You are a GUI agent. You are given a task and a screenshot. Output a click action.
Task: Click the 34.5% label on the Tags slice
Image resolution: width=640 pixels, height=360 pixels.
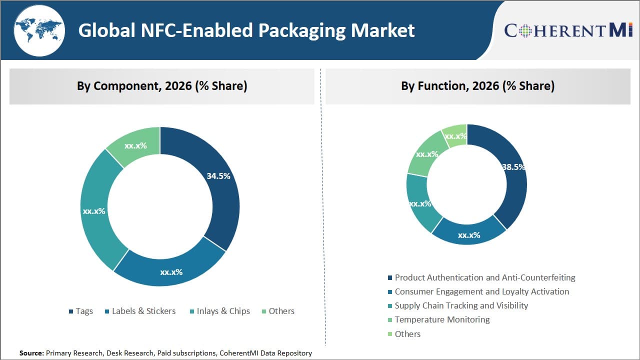[x=218, y=176]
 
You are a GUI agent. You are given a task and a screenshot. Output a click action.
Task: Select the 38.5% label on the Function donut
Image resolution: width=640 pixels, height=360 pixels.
[x=513, y=167]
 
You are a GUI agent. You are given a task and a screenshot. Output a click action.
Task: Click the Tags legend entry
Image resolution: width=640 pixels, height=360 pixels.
[x=80, y=311]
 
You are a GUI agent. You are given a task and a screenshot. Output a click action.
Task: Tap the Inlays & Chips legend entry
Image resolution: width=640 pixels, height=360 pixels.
[x=220, y=311]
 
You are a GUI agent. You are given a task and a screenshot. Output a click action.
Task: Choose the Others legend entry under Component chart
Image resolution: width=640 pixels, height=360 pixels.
[x=278, y=311]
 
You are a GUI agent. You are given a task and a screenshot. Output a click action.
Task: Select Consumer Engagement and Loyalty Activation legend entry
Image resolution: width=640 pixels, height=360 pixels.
[x=478, y=291]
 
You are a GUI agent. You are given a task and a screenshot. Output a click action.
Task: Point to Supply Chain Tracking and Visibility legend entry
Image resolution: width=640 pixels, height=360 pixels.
[x=457, y=305]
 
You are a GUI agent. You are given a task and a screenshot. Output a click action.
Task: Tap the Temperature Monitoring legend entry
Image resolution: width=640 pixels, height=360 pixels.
[x=438, y=319]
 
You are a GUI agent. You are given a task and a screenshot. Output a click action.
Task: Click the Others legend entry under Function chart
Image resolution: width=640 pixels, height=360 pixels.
[x=404, y=334]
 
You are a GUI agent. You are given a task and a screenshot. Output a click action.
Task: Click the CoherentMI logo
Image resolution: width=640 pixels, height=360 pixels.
[x=568, y=30]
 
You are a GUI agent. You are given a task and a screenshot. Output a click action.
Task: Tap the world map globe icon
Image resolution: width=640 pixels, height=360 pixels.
[x=39, y=31]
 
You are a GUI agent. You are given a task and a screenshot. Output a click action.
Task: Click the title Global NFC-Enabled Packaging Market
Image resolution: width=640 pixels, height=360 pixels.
[x=246, y=30]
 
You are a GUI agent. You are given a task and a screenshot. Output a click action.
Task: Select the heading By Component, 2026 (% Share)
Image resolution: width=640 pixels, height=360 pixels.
[x=162, y=86]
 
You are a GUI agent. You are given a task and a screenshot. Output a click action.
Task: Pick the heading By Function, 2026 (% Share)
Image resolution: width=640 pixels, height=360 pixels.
[x=477, y=86]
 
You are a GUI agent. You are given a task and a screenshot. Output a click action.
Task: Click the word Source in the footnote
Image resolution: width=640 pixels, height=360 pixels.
[x=31, y=353]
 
